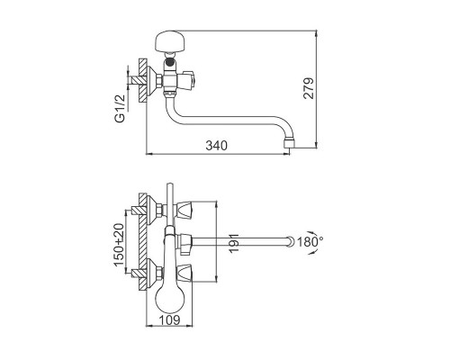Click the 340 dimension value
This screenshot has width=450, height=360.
point(216,146)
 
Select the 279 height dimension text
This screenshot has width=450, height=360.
point(308,88)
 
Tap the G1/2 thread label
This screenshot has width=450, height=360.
point(120,108)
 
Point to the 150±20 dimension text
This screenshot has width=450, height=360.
point(119,245)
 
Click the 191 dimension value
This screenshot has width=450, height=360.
point(235,243)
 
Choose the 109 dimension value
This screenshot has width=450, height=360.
point(169,320)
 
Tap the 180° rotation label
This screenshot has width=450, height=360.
point(310,241)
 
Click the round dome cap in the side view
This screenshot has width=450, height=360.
point(170,41)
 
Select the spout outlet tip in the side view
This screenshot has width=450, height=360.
point(290,143)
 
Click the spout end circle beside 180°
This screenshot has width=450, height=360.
point(290,241)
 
